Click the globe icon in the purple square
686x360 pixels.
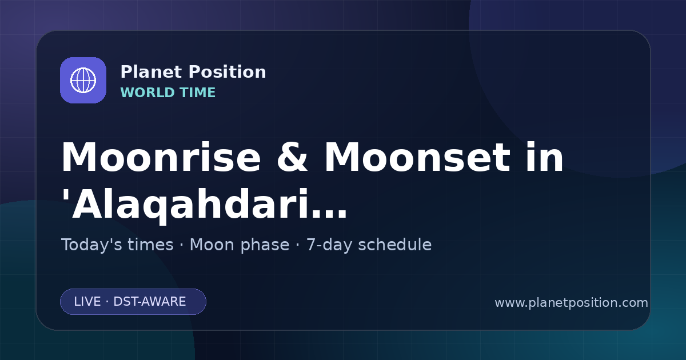[x=83, y=80]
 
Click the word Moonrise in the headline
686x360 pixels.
[x=161, y=157]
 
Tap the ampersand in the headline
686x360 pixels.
[x=292, y=157]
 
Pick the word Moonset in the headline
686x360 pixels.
[x=417, y=157]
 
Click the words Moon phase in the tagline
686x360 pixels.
[x=240, y=245]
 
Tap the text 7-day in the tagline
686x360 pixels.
[x=329, y=245]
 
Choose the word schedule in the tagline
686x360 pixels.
[x=395, y=245]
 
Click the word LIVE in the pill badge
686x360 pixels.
[x=87, y=302]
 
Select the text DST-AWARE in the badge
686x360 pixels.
[x=149, y=302]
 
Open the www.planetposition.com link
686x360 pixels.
[x=571, y=303]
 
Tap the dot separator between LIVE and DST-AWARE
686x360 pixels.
[x=107, y=302]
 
